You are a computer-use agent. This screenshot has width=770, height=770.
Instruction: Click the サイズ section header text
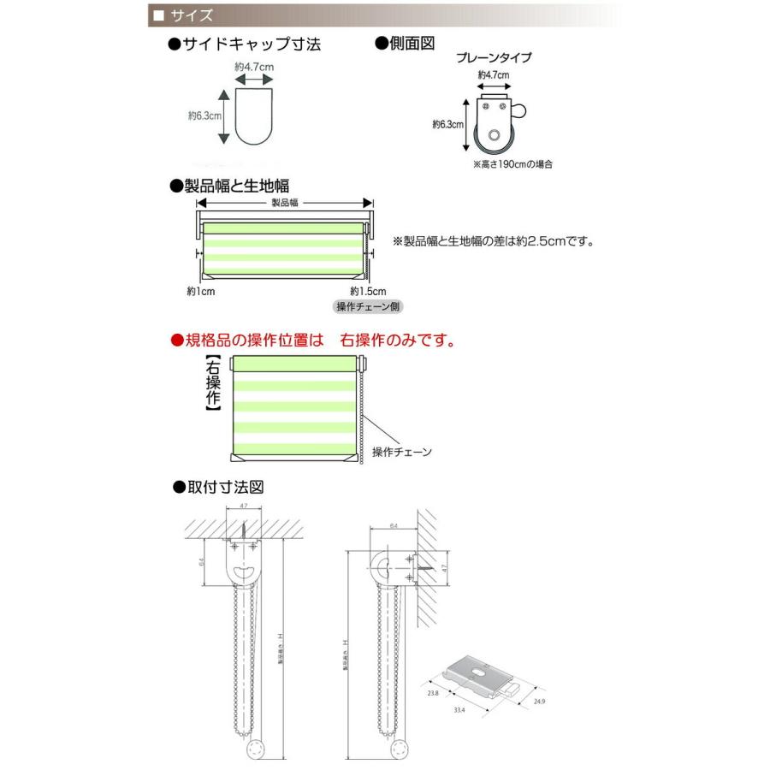point(186,15)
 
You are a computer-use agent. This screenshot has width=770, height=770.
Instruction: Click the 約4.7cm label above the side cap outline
point(252,65)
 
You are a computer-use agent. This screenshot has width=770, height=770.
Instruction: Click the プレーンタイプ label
point(493,58)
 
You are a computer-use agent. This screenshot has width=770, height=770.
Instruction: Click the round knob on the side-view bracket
point(519,110)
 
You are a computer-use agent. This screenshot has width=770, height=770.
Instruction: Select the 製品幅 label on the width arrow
point(285,203)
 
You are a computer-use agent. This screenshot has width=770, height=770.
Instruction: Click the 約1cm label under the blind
point(199,292)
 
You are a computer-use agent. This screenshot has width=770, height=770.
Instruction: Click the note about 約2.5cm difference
point(493,241)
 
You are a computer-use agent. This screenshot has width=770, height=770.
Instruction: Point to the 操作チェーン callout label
point(402,452)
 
